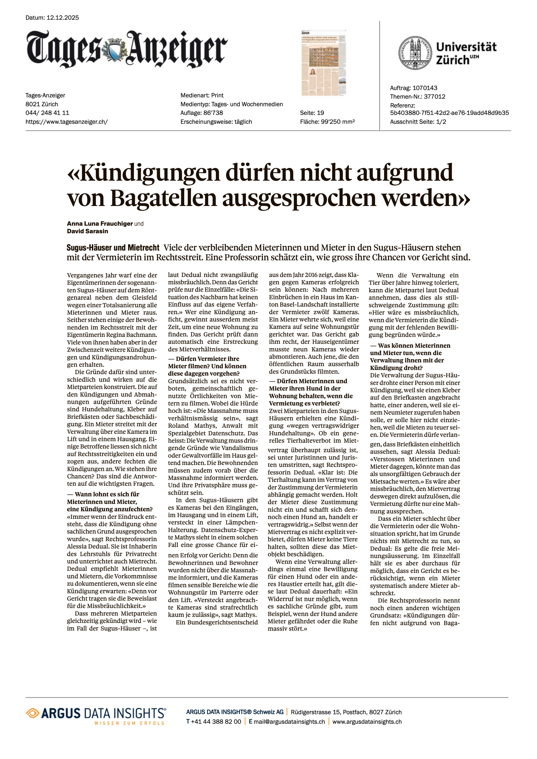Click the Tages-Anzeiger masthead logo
tap(127, 49)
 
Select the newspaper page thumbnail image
tap(324, 63)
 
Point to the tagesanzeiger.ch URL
tap(66, 122)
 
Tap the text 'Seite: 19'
tap(312, 113)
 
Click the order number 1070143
tap(425, 88)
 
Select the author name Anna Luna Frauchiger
tap(100, 224)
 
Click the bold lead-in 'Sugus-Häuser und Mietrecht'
tap(113, 248)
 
